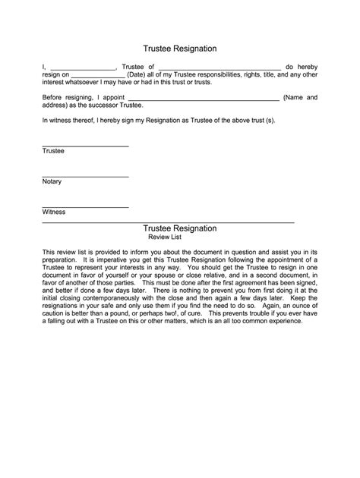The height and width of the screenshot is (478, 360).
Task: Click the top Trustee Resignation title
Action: coord(180,48)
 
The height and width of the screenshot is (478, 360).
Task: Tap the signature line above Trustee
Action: coord(85,146)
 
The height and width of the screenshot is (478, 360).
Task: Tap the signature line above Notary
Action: coord(85,177)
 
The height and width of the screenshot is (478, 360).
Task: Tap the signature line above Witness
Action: coord(85,206)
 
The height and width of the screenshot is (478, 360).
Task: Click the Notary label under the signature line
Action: coord(52,182)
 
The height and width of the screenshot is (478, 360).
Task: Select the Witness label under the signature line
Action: coord(54,212)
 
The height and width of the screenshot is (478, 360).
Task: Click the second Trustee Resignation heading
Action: coord(180,228)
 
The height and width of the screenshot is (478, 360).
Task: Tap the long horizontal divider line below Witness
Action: coord(167,222)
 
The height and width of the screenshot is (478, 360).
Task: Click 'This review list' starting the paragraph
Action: coord(65,252)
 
